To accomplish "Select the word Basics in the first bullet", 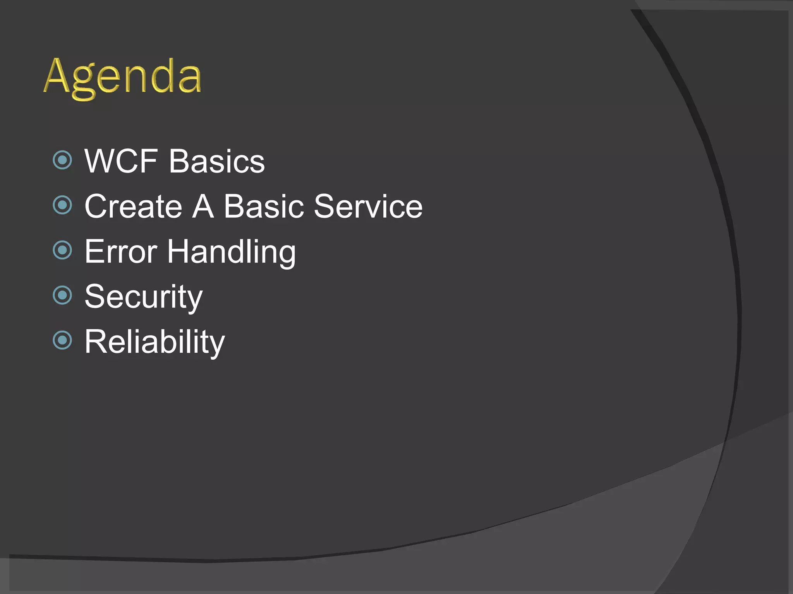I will pos(216,161).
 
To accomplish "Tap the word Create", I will pos(133,207).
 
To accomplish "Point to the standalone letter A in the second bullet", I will pos(203,207).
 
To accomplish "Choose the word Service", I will pos(368,207).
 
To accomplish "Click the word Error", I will pos(121,252).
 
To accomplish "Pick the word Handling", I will pos(231,253).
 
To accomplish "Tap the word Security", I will pos(143,297).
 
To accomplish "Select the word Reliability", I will pos(154,342).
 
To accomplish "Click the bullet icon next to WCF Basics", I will pos(62,160).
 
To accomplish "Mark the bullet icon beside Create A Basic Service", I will pos(62,205).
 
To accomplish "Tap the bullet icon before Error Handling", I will pos(62,250).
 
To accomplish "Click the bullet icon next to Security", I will pos(62,295).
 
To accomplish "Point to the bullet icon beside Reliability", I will pos(62,340).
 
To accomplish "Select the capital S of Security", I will pos(95,297).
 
